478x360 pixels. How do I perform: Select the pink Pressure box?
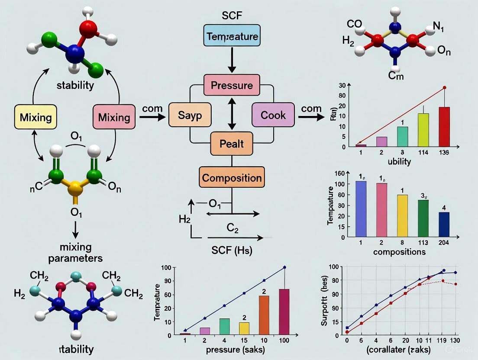[232, 85]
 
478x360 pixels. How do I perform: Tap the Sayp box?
[190, 115]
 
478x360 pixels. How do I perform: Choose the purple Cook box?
[273, 115]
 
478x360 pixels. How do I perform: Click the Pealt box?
[232, 143]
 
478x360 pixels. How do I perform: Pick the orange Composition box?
[232, 177]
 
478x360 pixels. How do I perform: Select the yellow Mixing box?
[36, 117]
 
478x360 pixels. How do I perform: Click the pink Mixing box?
[114, 117]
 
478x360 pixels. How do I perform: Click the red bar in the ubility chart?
[444, 126]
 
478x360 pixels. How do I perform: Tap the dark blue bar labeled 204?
[444, 225]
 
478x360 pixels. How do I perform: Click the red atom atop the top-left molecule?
[89, 25]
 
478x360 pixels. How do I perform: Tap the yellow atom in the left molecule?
[76, 188]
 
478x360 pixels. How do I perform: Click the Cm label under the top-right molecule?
[395, 76]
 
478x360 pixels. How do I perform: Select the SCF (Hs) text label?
[232, 250]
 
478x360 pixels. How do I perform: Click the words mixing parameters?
[76, 253]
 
